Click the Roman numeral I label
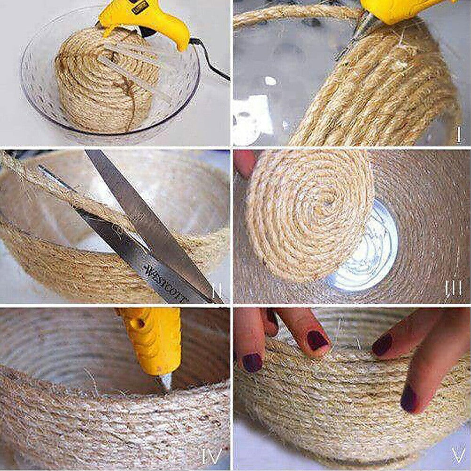pyautogui.click(x=459, y=136)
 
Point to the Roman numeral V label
pyautogui.click(x=458, y=455)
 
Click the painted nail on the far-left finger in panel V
pyautogui.click(x=252, y=363)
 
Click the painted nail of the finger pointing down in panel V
pyautogui.click(x=317, y=340)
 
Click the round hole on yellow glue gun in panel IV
pyautogui.click(x=140, y=324)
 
